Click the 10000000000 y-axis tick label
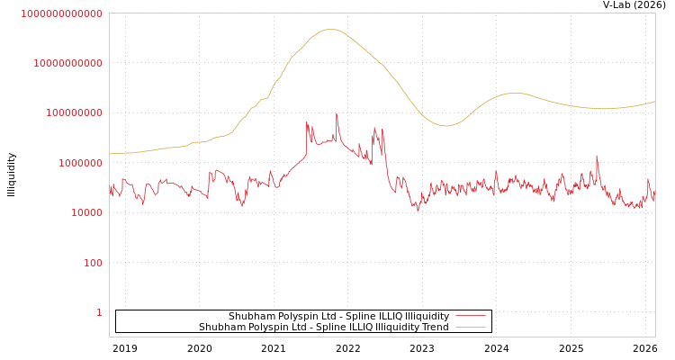pos(67,63)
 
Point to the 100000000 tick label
pos(74,113)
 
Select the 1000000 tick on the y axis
pos(80,163)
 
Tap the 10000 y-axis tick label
pos(86,213)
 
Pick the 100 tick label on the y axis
pos(93,263)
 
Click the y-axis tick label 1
pos(99,312)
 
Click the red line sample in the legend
pos(471,316)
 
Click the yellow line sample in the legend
pos(471,327)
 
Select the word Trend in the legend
pos(434,327)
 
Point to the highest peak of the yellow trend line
pos(331,30)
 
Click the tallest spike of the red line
pos(337,113)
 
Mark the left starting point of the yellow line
pos(110,154)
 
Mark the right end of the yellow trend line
pos(654,102)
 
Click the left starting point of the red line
pos(110,191)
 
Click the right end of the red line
pos(654,191)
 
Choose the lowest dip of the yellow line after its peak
pos(445,126)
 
